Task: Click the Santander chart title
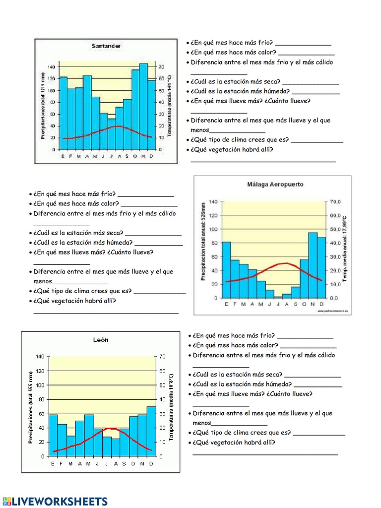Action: coord(106,46)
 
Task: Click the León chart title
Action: coord(101,340)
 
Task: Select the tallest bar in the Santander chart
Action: coord(143,106)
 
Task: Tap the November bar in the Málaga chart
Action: coord(313,265)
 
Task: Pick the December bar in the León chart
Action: coord(151,431)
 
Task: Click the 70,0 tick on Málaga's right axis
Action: coord(336,202)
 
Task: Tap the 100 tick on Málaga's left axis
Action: coord(213,229)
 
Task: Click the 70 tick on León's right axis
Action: coord(162,357)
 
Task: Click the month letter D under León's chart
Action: coord(151,464)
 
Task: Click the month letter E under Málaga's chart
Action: coord(226,304)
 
